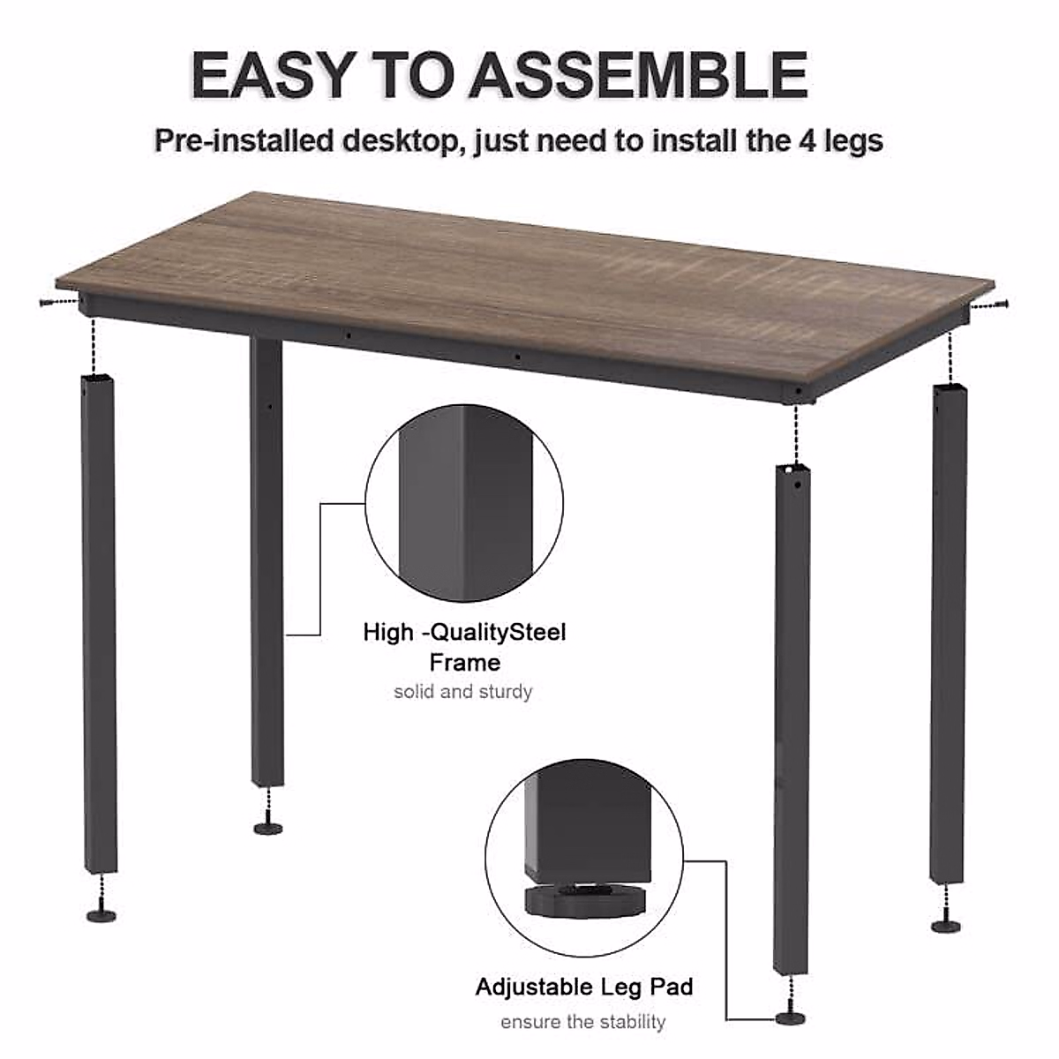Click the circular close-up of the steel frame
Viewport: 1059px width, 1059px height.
click(x=464, y=502)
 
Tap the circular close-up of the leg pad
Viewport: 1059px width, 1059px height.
click(x=584, y=855)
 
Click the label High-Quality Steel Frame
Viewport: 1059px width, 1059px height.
click(x=464, y=647)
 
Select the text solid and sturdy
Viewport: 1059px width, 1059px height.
click(x=463, y=691)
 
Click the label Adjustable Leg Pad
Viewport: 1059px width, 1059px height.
click(x=584, y=987)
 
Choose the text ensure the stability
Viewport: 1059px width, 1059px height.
click(x=583, y=1022)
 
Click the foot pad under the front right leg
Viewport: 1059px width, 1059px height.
click(x=790, y=1018)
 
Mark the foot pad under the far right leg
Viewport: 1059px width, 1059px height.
click(x=947, y=924)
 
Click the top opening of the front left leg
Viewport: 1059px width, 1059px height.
click(x=98, y=380)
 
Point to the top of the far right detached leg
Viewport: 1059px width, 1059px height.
click(x=948, y=389)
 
